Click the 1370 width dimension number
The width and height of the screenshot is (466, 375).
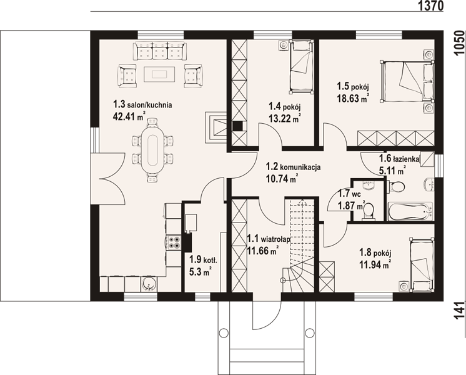pyautogui.click(x=430, y=6)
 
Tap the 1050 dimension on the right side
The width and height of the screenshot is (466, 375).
pyautogui.click(x=459, y=42)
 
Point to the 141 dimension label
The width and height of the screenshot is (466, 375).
pyautogui.click(x=459, y=311)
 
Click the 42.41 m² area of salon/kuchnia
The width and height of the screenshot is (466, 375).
pyautogui.click(x=129, y=116)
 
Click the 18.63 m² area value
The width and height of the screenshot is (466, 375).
pyautogui.click(x=353, y=97)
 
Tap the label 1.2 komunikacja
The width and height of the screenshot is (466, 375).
pyautogui.click(x=293, y=166)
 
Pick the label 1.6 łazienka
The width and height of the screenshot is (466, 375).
pyautogui.click(x=399, y=159)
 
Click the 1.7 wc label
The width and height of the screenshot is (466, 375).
pyautogui.click(x=350, y=194)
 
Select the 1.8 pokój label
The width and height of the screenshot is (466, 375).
pyautogui.click(x=375, y=252)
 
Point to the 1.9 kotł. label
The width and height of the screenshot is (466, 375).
pyautogui.click(x=204, y=260)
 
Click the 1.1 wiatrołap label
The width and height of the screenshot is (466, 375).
pyautogui.click(x=269, y=239)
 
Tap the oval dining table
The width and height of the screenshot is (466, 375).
pyautogui.click(x=153, y=149)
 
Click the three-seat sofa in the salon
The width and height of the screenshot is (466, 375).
pyautogui.click(x=160, y=51)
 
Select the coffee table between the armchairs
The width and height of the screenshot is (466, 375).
pyautogui.click(x=160, y=74)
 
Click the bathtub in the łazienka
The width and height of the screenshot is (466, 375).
pyautogui.click(x=410, y=211)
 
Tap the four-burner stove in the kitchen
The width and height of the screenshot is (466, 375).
pyautogui.click(x=174, y=242)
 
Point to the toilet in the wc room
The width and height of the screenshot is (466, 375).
pyautogui.click(x=369, y=211)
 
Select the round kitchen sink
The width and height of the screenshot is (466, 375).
pyautogui.click(x=147, y=284)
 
